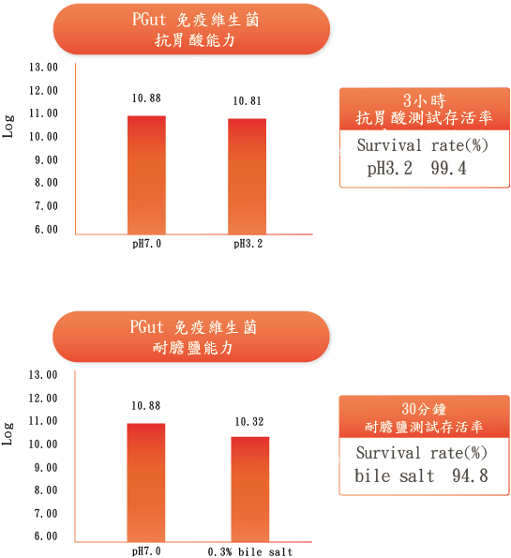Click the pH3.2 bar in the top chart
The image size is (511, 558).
pyautogui.click(x=247, y=176)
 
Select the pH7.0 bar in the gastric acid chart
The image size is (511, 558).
pyautogui.click(x=146, y=174)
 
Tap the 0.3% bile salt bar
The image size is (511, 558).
pyautogui.click(x=250, y=490)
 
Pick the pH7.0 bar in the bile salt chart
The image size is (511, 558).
pyautogui.click(x=146, y=483)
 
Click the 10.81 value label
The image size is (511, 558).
pyautogui.click(x=247, y=101)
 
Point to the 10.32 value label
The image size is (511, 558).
pyautogui.click(x=249, y=422)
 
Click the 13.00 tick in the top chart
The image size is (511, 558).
pyautogui.click(x=43, y=67)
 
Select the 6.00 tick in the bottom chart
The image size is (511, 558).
pyautogui.click(x=46, y=535)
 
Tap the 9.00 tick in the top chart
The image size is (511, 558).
pyautogui.click(x=46, y=159)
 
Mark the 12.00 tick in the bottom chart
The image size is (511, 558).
pyautogui.click(x=43, y=398)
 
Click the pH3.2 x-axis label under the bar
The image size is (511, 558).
pyautogui.click(x=248, y=244)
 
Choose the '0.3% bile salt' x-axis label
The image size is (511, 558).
pyautogui.click(x=250, y=552)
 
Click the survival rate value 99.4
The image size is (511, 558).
pyautogui.click(x=448, y=168)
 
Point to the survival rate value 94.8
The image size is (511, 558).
pyautogui.click(x=470, y=475)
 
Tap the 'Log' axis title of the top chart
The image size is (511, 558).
pyautogui.click(x=8, y=127)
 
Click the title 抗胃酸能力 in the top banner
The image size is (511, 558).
pyautogui.click(x=195, y=40)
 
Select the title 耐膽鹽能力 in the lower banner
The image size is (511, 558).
pyautogui.click(x=192, y=348)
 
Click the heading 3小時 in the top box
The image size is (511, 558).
pyautogui.click(x=425, y=100)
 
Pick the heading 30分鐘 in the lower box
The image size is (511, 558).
pyautogui.click(x=424, y=409)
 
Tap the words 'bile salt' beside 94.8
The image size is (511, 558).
pyautogui.click(x=395, y=475)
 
